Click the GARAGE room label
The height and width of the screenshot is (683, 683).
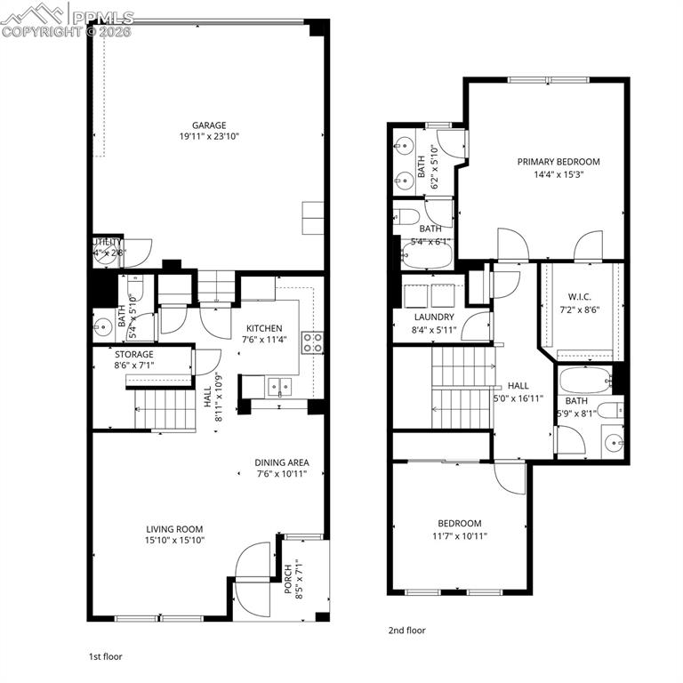point(210,125)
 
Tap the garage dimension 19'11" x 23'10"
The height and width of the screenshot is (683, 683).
point(210,137)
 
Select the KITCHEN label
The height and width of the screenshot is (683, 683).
point(264,328)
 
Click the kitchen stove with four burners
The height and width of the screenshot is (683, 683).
point(312,342)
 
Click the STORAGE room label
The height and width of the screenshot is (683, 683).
point(133,354)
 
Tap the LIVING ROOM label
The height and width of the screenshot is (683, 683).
point(174,528)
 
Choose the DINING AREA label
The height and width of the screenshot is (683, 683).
point(282,462)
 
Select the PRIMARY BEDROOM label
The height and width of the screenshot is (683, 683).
point(558,162)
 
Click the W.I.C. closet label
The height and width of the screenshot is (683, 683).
point(580,298)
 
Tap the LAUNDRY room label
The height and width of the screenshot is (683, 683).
point(434,317)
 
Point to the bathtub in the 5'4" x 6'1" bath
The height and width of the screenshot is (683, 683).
point(426,254)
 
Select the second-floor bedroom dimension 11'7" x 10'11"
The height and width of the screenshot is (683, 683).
point(459,535)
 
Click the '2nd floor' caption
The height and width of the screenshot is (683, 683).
point(406,631)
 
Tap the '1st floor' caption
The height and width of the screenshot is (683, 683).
point(105,656)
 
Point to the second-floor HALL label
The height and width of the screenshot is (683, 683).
point(518,386)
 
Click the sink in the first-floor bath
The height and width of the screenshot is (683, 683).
point(101,325)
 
